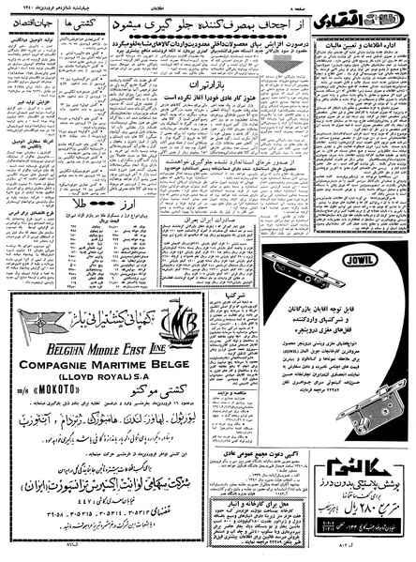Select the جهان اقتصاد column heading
pyautogui.click(x=40, y=44)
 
